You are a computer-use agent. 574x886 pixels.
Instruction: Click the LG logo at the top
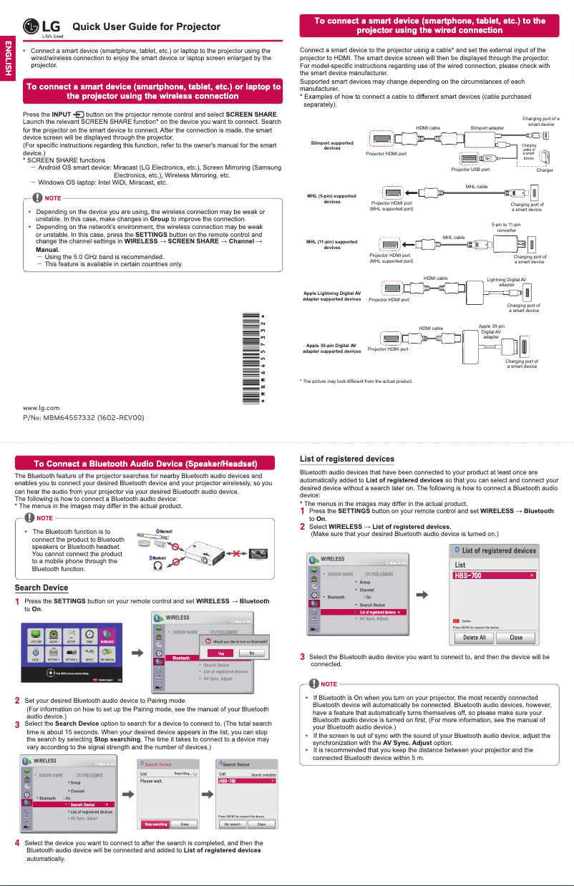click(x=42, y=27)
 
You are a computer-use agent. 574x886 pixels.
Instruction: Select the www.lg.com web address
click(x=42, y=407)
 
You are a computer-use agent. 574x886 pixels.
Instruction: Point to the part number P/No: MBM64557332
click(x=84, y=417)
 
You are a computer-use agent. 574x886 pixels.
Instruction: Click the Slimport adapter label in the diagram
click(x=487, y=127)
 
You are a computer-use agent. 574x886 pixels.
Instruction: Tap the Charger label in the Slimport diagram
click(x=545, y=170)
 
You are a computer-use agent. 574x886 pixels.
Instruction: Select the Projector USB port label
click(x=470, y=170)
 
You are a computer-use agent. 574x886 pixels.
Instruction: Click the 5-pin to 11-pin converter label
click(x=506, y=228)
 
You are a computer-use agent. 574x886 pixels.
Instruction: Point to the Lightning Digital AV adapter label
click(x=506, y=281)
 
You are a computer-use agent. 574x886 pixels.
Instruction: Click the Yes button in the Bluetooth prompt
click(x=221, y=653)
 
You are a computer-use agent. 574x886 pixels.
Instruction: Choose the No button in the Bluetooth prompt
click(x=252, y=653)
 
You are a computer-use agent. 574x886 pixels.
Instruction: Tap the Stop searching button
click(x=156, y=824)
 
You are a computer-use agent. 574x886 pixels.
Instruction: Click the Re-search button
click(x=233, y=824)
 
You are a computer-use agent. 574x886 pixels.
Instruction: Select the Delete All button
click(x=475, y=637)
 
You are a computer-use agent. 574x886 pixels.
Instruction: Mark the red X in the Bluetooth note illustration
click(x=237, y=553)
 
